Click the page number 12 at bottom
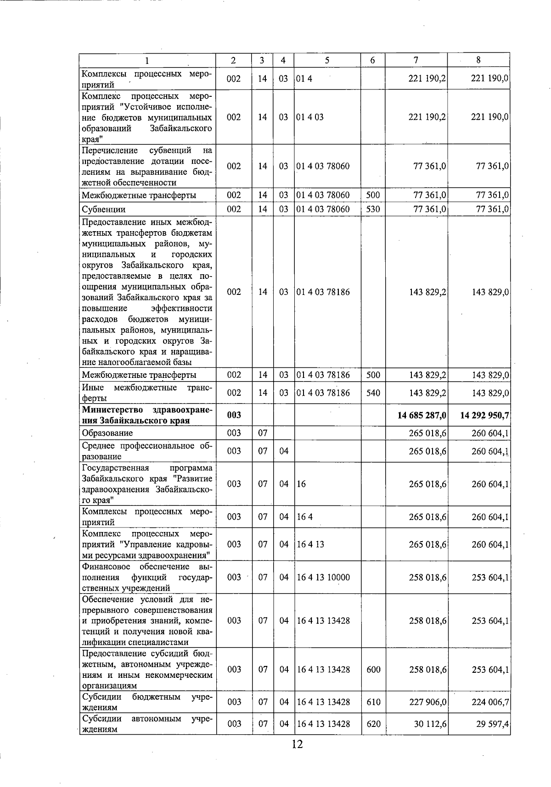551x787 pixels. (x=297, y=744)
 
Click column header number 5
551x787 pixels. (x=327, y=60)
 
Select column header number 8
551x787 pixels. (x=478, y=60)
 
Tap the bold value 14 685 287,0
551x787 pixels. (x=422, y=415)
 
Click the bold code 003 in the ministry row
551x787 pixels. (x=234, y=415)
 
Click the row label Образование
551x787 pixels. (x=107, y=433)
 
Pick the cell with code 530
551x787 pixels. (x=373, y=210)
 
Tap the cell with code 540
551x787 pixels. (x=373, y=393)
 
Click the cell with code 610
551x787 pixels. (x=373, y=702)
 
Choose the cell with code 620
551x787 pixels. (x=373, y=724)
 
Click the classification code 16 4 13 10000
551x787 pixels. (x=323, y=577)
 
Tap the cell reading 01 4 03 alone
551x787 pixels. (x=310, y=117)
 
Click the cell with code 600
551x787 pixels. (x=373, y=670)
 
